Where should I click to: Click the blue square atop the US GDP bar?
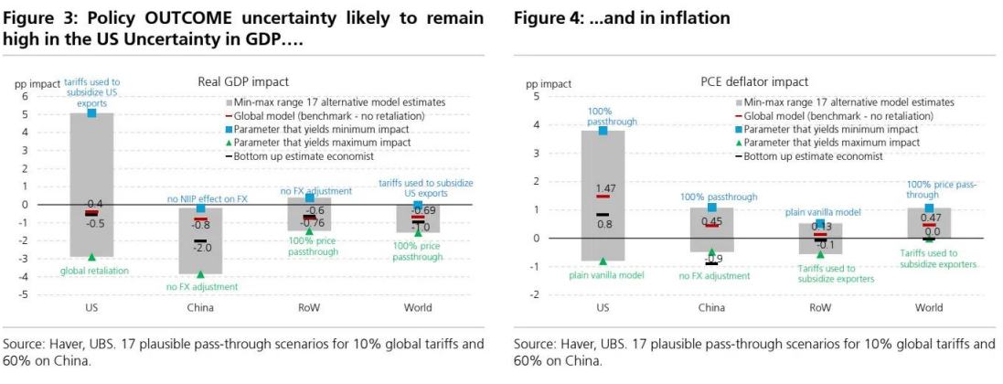pos(92,112)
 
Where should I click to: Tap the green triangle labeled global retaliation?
pos(92,257)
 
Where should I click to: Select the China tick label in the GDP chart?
pos(199,307)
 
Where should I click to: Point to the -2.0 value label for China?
pos(202,248)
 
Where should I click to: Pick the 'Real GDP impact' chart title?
pos(232,82)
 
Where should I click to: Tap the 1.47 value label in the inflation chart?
pos(603,187)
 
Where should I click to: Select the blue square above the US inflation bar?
pos(603,131)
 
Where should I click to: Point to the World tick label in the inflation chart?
pos(928,307)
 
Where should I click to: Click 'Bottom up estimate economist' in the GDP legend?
pos(300,156)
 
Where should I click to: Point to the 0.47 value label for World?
pos(931,218)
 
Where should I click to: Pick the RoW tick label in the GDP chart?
pos(309,307)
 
